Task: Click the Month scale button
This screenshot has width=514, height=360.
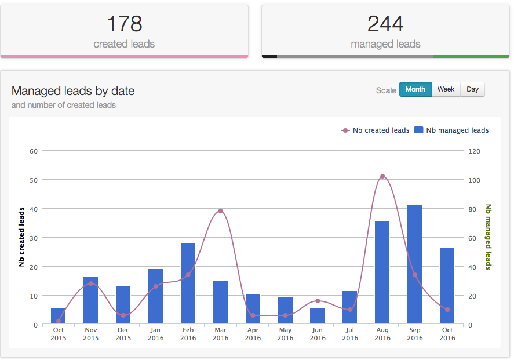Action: point(415,89)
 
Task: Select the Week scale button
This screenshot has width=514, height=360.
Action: point(446,89)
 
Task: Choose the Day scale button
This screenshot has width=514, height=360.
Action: point(472,89)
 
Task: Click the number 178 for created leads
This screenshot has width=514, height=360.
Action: point(124,24)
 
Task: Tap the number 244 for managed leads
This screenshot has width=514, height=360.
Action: point(385,24)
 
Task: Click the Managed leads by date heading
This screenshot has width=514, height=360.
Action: point(73,91)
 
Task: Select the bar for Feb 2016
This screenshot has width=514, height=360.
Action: point(188,283)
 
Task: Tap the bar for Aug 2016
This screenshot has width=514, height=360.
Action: point(382,272)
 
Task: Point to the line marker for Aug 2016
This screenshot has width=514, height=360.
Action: point(382,176)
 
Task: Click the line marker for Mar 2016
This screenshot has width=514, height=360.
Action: point(220,211)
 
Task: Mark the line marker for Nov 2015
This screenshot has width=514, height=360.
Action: point(90,283)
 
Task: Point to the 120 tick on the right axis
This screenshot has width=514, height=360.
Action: point(475,151)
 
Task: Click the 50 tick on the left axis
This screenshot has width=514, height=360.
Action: point(33,180)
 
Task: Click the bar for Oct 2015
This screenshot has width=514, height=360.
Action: point(58,316)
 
